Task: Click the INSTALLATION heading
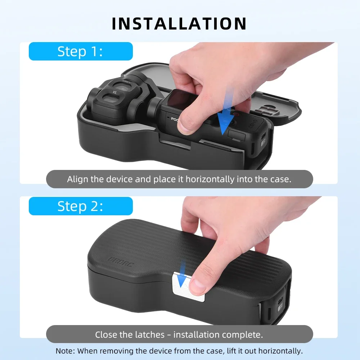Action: pyautogui.click(x=179, y=24)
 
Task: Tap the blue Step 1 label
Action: pyautogui.click(x=81, y=51)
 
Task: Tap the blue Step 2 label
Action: pyautogui.click(x=81, y=206)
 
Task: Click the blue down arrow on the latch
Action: pyautogui.click(x=183, y=274)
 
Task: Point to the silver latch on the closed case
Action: pyautogui.click(x=188, y=286)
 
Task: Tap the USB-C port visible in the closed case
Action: pyautogui.click(x=280, y=301)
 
